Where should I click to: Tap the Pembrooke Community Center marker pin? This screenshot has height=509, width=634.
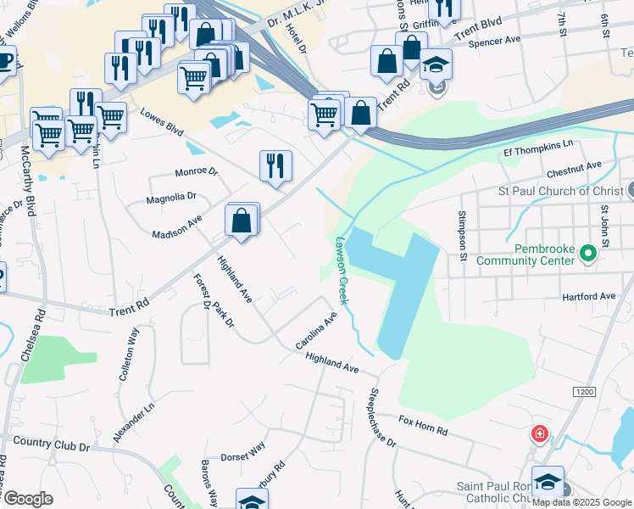[x=586, y=253]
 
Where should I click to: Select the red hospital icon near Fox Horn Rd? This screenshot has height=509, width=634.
[x=539, y=435]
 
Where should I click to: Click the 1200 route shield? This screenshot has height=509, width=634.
[x=583, y=392]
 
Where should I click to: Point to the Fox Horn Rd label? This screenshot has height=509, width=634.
[x=423, y=425]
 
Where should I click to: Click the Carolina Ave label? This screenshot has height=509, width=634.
[x=316, y=331]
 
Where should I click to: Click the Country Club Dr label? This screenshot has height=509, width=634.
[x=51, y=444]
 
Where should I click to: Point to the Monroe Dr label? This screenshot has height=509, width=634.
[x=196, y=171]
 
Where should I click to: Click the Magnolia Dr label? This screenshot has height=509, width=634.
[x=171, y=196]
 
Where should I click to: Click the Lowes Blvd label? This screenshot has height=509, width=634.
[x=161, y=120]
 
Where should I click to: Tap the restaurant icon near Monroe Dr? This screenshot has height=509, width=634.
[x=275, y=165]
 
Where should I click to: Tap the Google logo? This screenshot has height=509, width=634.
[x=28, y=499]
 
